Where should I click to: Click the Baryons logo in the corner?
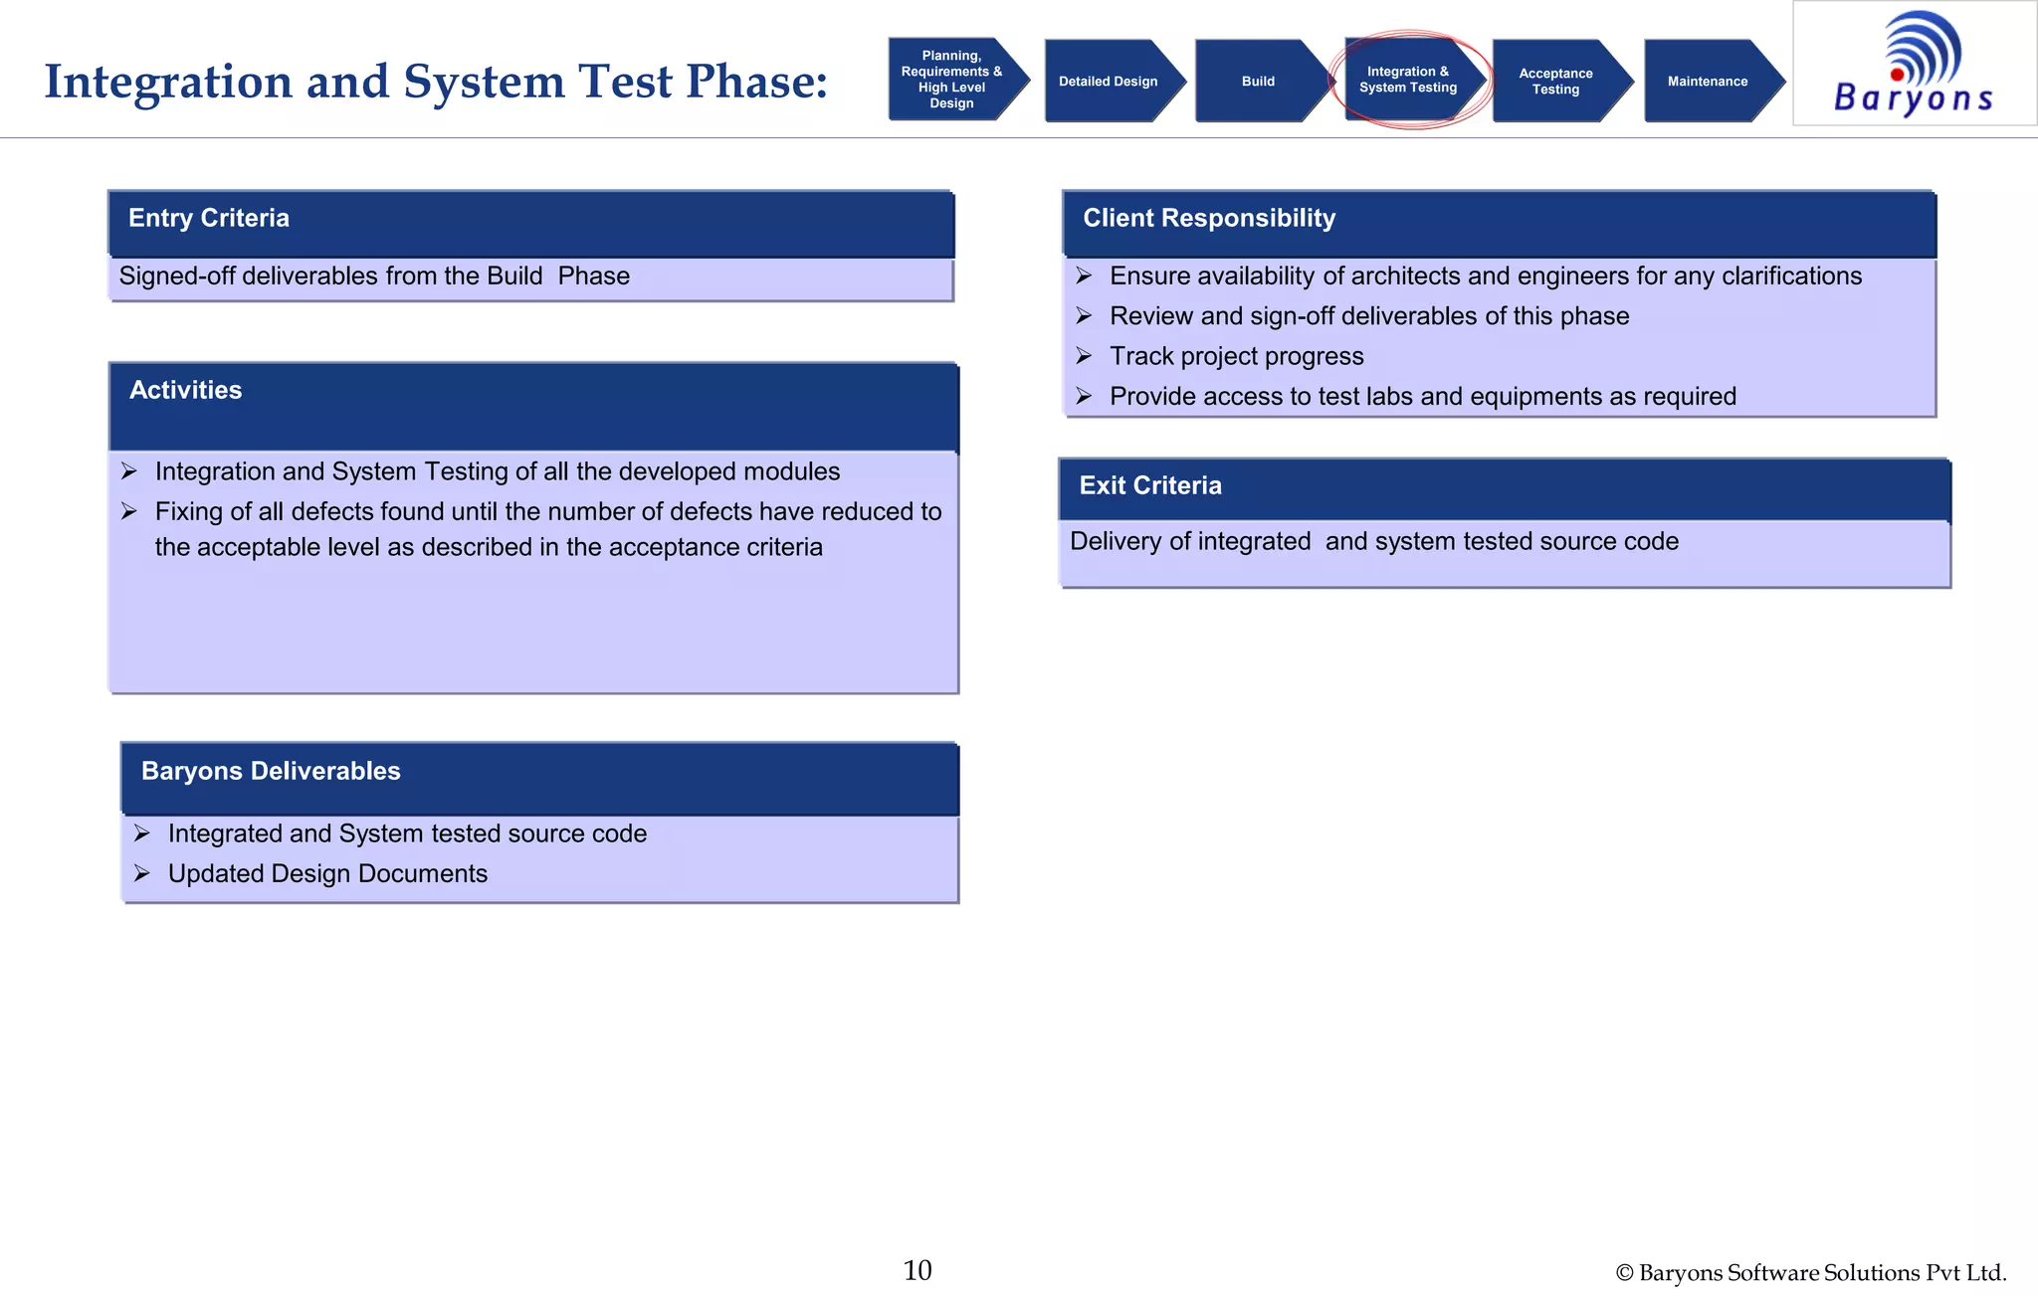click(x=1914, y=64)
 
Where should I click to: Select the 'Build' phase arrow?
click(x=1258, y=82)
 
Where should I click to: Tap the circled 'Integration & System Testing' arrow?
click(x=1408, y=80)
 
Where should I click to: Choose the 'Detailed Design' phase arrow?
click(x=1108, y=82)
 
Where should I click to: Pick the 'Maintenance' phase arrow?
click(x=1707, y=82)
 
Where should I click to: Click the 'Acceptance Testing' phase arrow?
click(x=1555, y=82)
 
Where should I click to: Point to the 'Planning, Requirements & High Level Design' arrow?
click(x=951, y=80)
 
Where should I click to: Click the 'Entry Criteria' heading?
click(x=209, y=219)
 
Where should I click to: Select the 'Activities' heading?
click(x=186, y=391)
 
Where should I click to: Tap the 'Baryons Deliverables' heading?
click(x=271, y=772)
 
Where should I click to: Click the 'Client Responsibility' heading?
click(x=1209, y=219)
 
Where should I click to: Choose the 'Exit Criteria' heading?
click(x=1150, y=486)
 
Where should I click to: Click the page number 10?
click(x=917, y=1270)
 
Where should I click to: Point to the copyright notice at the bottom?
click(x=1810, y=1273)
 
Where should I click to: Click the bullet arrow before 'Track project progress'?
click(x=1084, y=356)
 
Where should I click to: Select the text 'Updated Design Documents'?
click(x=327, y=874)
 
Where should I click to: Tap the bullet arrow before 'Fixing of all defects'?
click(x=129, y=512)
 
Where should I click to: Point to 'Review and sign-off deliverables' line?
click(x=1369, y=316)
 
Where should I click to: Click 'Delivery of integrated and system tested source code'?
click(x=1373, y=542)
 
